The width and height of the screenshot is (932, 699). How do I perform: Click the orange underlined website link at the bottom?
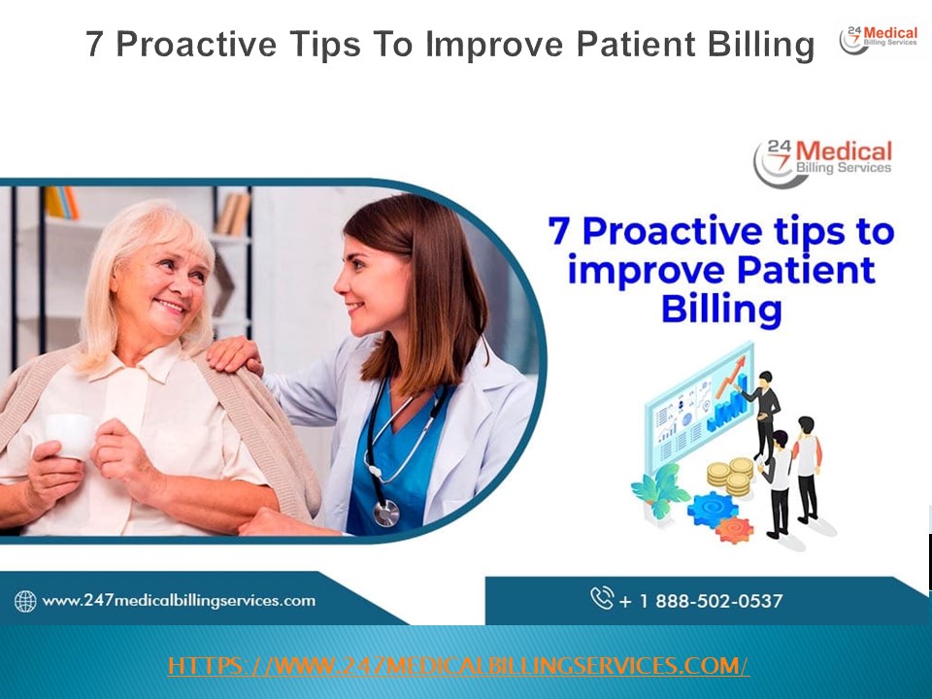point(458,666)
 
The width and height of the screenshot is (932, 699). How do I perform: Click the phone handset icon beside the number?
point(602,598)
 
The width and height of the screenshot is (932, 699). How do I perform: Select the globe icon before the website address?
point(25,601)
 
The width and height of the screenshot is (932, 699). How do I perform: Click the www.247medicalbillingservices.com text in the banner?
point(179,600)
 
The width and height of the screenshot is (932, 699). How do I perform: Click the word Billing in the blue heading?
point(720,310)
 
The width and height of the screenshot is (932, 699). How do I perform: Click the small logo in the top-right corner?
point(879,39)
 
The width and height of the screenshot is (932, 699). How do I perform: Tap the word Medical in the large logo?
point(843,152)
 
